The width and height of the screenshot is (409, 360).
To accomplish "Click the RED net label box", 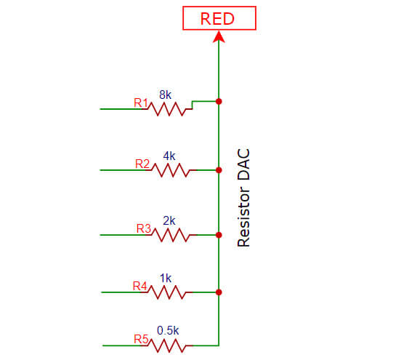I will tap(218, 18).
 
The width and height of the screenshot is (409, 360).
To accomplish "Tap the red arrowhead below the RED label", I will tap(218, 36).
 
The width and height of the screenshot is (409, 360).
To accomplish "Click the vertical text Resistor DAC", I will tap(244, 198).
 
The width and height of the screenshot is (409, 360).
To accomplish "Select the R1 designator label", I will tap(141, 103).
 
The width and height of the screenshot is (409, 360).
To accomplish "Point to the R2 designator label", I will tap(142, 164).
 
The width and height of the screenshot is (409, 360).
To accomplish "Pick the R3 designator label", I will tap(143, 228).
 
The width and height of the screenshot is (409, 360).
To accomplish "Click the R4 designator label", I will tap(139, 286).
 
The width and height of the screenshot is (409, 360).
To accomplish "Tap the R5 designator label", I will tap(141, 338).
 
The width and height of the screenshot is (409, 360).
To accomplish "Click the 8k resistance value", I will tap(166, 94).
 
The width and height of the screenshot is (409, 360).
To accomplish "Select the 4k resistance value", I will tap(169, 156).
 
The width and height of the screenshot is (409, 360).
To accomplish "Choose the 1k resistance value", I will tap(165, 278).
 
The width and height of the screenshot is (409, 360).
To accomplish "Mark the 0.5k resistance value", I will tap(168, 329).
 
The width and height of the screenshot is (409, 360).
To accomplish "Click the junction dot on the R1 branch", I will tap(219, 101).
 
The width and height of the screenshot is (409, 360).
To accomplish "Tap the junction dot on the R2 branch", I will tap(219, 170).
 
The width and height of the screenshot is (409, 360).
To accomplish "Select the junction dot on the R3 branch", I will tap(219, 235).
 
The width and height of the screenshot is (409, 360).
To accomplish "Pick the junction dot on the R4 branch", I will tap(219, 292).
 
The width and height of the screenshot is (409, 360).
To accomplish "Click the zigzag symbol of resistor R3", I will tap(173, 235).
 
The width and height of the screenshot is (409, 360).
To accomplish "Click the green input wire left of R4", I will tap(123, 292).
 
